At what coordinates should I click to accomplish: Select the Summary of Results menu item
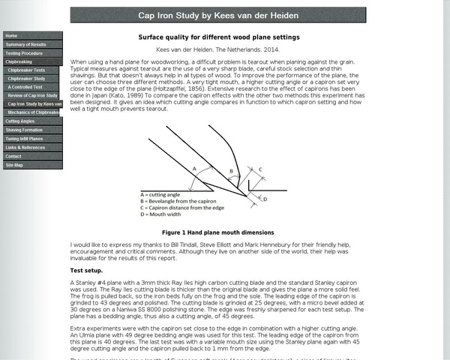[25, 44]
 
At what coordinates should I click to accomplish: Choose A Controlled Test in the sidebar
[26, 87]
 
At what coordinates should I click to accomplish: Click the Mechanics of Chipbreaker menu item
[34, 111]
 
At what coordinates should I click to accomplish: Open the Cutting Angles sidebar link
[20, 121]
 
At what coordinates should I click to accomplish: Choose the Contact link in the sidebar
[13, 156]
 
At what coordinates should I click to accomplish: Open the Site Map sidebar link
[14, 165]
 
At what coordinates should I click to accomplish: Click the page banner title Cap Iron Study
[219, 15]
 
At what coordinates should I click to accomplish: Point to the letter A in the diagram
[195, 169]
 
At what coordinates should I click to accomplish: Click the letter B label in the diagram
[231, 172]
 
